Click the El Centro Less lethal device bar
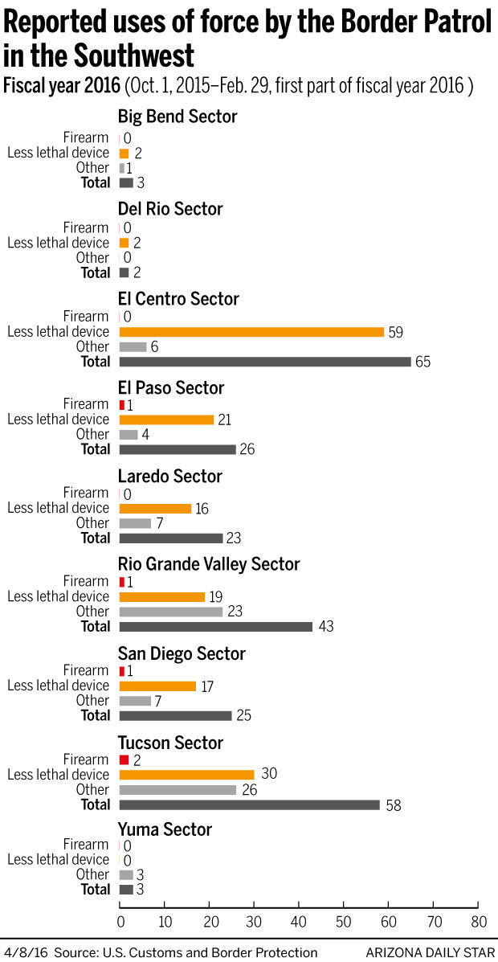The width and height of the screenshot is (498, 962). (x=251, y=332)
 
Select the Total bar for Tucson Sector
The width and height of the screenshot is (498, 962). (x=249, y=804)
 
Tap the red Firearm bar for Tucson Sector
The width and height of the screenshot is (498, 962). (x=124, y=759)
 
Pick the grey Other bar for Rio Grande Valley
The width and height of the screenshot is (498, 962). (x=171, y=612)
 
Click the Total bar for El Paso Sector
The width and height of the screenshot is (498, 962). (x=178, y=449)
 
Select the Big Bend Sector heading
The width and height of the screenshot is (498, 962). (x=178, y=117)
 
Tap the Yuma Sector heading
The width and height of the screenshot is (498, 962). (x=164, y=829)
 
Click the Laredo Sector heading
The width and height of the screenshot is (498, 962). (x=170, y=477)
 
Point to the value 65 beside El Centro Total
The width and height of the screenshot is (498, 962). (x=423, y=362)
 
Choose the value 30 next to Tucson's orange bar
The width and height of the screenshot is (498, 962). (x=268, y=775)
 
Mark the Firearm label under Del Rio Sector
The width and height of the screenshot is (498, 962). (x=86, y=227)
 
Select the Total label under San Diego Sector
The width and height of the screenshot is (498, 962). (x=95, y=715)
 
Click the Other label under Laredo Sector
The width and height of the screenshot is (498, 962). (x=92, y=523)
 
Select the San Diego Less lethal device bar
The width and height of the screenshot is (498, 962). (x=157, y=686)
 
